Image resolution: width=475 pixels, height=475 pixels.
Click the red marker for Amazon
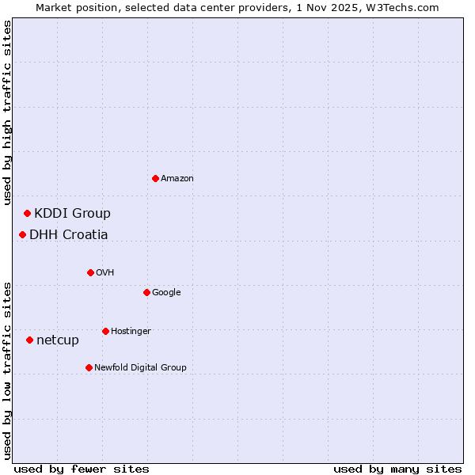click(x=155, y=178)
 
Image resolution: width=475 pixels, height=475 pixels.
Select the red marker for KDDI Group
click(x=27, y=213)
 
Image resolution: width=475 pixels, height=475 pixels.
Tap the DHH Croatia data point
click(x=22, y=234)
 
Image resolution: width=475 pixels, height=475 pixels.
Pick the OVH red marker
click(x=90, y=272)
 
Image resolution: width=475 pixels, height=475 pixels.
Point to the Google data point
click(x=146, y=292)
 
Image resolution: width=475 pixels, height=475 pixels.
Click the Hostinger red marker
click(x=105, y=331)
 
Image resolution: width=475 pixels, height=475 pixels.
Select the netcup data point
click(x=29, y=340)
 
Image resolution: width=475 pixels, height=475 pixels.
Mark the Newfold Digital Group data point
click(x=89, y=367)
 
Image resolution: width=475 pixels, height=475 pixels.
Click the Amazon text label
click(x=177, y=178)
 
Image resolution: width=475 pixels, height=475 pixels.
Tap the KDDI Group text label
click(x=72, y=213)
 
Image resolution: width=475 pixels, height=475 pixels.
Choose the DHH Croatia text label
click(x=69, y=234)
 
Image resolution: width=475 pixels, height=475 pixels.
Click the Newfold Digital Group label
click(x=140, y=367)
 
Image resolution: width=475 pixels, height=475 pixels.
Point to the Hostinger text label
click(x=131, y=331)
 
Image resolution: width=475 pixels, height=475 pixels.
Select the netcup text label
click(x=58, y=340)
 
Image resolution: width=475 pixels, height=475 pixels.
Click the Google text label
click(x=166, y=292)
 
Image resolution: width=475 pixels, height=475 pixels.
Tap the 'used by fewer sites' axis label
click(x=82, y=469)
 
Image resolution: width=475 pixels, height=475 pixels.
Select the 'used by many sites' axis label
click(x=397, y=469)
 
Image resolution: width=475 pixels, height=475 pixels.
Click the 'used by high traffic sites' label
click(x=8, y=112)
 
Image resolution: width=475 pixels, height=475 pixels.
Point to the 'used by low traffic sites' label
click(x=8, y=370)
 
